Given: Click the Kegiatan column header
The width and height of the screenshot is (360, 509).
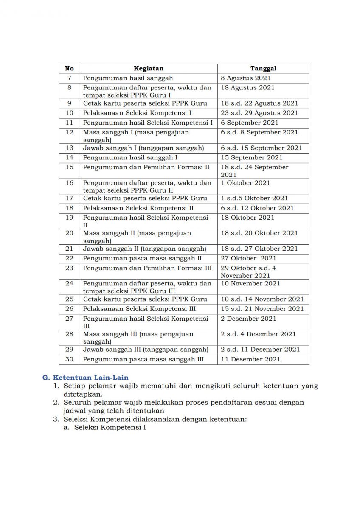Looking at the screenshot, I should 149,68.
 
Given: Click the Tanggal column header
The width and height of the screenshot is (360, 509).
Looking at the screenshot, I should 263,68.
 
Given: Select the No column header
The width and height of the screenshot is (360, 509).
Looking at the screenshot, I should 69,68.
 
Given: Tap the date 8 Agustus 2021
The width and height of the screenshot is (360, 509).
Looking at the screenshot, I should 245,78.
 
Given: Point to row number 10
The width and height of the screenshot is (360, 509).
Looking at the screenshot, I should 69,113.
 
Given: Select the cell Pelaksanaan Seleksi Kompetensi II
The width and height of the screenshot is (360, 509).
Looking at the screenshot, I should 138,208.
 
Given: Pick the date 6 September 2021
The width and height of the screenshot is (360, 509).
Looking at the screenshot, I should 250,123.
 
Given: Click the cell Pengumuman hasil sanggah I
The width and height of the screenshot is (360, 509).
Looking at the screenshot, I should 130,157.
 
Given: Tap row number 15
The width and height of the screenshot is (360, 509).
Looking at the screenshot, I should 69,167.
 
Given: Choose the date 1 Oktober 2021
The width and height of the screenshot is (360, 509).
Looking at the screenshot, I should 245,183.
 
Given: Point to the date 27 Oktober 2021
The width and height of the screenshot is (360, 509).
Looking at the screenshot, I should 248,258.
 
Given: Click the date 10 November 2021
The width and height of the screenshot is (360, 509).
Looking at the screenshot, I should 250,283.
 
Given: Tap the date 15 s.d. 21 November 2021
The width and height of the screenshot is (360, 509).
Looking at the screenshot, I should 262,309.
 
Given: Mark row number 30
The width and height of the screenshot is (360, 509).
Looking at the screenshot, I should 69,359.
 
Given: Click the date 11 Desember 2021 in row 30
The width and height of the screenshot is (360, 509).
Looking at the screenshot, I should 250,359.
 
